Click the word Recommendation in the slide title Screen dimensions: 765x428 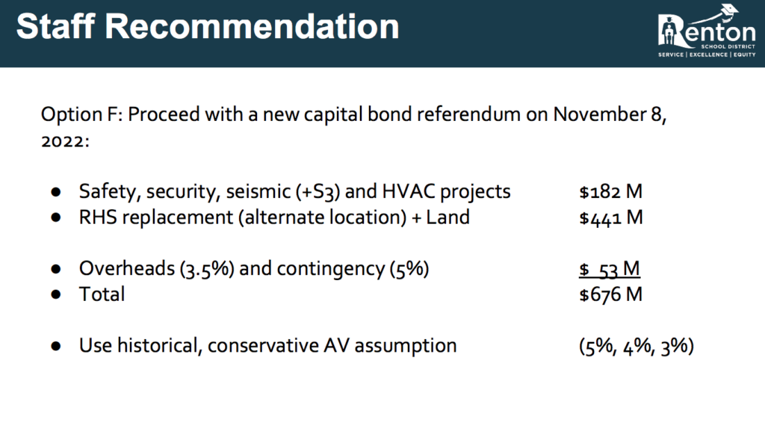[x=252, y=26]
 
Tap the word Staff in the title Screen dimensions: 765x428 [x=55, y=26]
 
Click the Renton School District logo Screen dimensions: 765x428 [x=707, y=31]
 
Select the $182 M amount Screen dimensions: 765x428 [x=611, y=191]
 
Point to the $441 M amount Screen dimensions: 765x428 [x=611, y=217]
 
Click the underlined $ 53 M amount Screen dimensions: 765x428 [x=610, y=269]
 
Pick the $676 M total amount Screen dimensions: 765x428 [x=611, y=294]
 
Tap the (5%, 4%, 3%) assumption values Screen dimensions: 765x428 [x=637, y=346]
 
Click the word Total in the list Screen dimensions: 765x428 [x=102, y=294]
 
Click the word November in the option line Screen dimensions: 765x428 [x=599, y=114]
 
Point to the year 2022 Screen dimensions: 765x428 [x=63, y=141]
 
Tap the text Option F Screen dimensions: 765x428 [x=82, y=115]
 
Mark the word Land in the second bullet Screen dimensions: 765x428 [x=448, y=217]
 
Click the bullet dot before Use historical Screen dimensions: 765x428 [x=55, y=346]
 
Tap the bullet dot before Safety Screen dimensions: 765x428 [x=55, y=192]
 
